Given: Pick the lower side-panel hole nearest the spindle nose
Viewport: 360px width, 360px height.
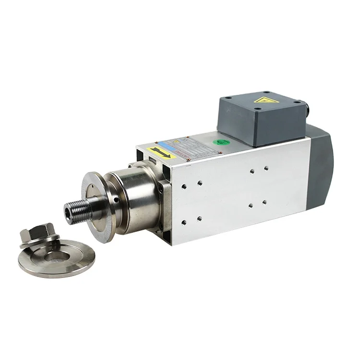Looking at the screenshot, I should click(184, 222).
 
